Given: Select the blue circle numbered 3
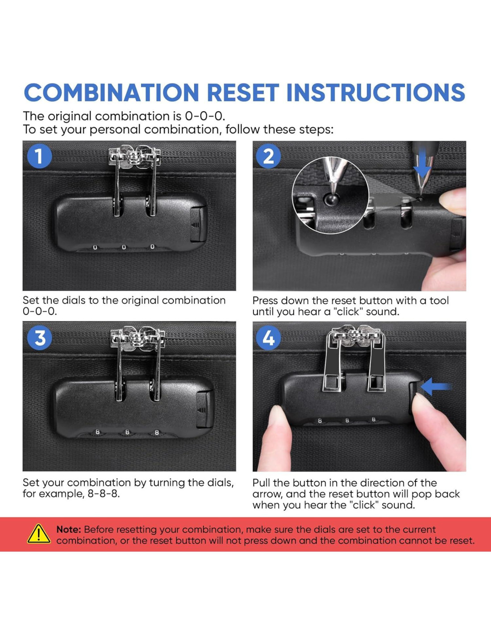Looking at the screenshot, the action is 39,338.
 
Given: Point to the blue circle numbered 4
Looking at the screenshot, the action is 268,338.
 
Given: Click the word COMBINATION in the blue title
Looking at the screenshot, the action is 112,92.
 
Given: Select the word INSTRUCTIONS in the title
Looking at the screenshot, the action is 376,92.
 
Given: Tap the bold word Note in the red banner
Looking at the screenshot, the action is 68,529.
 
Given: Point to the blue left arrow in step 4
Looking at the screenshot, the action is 436,387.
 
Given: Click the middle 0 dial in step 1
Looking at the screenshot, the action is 124,247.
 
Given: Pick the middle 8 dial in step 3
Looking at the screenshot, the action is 127,432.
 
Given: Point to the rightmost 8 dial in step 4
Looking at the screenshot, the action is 373,419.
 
